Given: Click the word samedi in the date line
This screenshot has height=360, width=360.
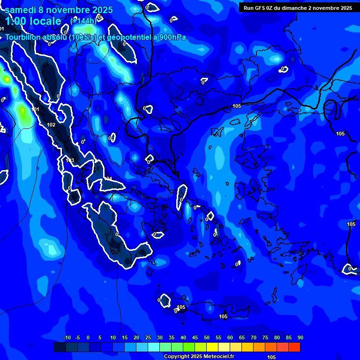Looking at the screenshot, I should tap(21, 10).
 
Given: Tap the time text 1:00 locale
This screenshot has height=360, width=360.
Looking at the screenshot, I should tap(33, 21).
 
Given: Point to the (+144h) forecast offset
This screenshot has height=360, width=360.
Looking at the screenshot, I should tap(83, 21).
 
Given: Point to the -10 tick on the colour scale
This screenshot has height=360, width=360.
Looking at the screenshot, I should tap(67, 337).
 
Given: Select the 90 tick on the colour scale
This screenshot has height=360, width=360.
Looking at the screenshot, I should tap(300, 337).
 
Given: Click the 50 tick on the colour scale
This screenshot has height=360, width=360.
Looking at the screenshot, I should tap(206, 337).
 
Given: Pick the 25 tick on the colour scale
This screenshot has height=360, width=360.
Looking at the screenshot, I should tap(148, 337).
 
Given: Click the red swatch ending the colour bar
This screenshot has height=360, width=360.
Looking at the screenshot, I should tap(294, 347).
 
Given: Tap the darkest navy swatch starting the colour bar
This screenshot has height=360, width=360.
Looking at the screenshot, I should tap(60, 347).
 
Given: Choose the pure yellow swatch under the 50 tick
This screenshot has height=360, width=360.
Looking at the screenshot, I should tap(212, 347).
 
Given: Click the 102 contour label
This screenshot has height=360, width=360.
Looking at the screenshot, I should tap(51, 125).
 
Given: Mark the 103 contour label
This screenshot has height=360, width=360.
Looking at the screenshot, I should tap(70, 160).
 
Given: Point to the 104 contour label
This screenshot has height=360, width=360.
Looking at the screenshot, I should tap(108, 179).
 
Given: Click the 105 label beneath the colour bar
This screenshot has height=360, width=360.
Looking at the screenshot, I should tap(271, 357).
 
